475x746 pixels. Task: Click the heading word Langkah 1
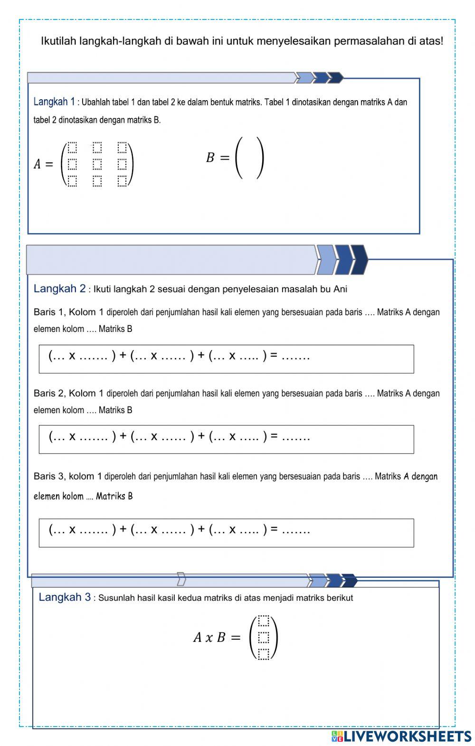click(x=54, y=102)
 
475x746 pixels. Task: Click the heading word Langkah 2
click(x=60, y=289)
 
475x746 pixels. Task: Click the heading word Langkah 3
click(x=65, y=597)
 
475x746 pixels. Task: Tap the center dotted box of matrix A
click(x=97, y=164)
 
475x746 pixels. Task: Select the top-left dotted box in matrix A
click(x=72, y=147)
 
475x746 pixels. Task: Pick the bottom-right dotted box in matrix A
click(x=122, y=181)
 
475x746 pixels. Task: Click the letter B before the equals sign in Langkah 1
click(x=210, y=158)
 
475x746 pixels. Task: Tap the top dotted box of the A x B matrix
click(x=264, y=621)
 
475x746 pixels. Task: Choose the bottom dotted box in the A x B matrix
click(x=264, y=654)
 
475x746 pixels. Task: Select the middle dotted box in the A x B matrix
click(x=264, y=637)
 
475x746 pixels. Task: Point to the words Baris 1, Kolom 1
click(x=68, y=312)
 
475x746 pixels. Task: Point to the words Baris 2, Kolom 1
click(x=68, y=393)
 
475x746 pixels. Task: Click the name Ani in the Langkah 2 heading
click(x=340, y=289)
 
